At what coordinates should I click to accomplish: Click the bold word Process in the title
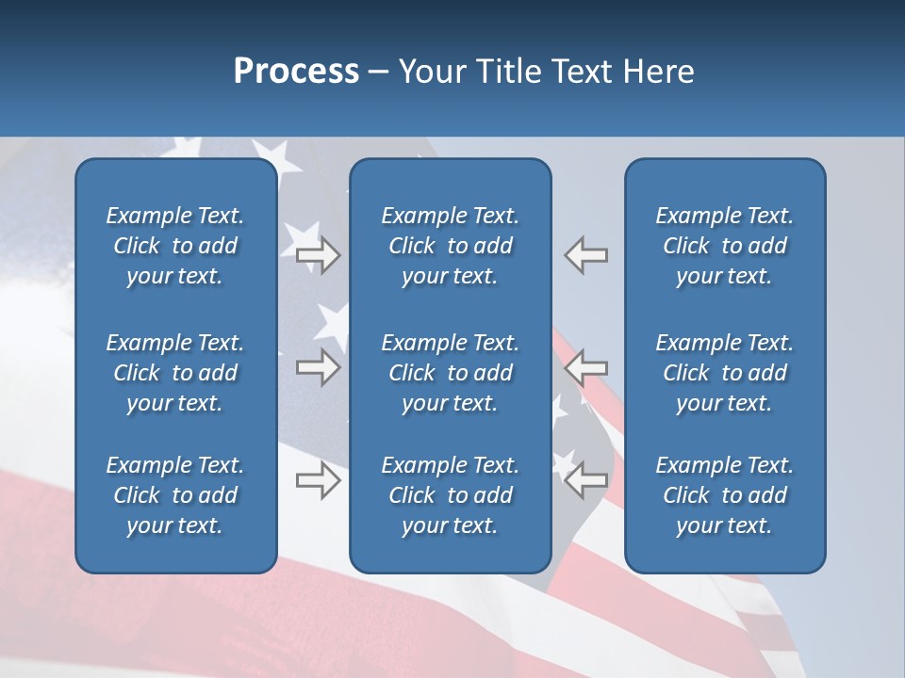[296, 72]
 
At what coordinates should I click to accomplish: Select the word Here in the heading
[659, 72]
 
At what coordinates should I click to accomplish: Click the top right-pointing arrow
[318, 254]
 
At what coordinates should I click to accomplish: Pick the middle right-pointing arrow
[318, 366]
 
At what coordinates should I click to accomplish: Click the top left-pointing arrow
[586, 254]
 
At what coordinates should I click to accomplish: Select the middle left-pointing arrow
[586, 366]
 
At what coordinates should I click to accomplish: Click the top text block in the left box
[175, 246]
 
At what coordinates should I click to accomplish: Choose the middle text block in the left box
[175, 373]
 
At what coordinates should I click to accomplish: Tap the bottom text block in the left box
[175, 495]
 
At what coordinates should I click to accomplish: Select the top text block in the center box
[451, 246]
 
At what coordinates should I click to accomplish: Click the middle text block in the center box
[451, 373]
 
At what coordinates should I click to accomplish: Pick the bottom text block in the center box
[451, 495]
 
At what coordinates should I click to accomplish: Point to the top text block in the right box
[725, 246]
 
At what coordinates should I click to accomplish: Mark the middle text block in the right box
[725, 373]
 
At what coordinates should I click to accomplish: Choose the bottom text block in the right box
[725, 495]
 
